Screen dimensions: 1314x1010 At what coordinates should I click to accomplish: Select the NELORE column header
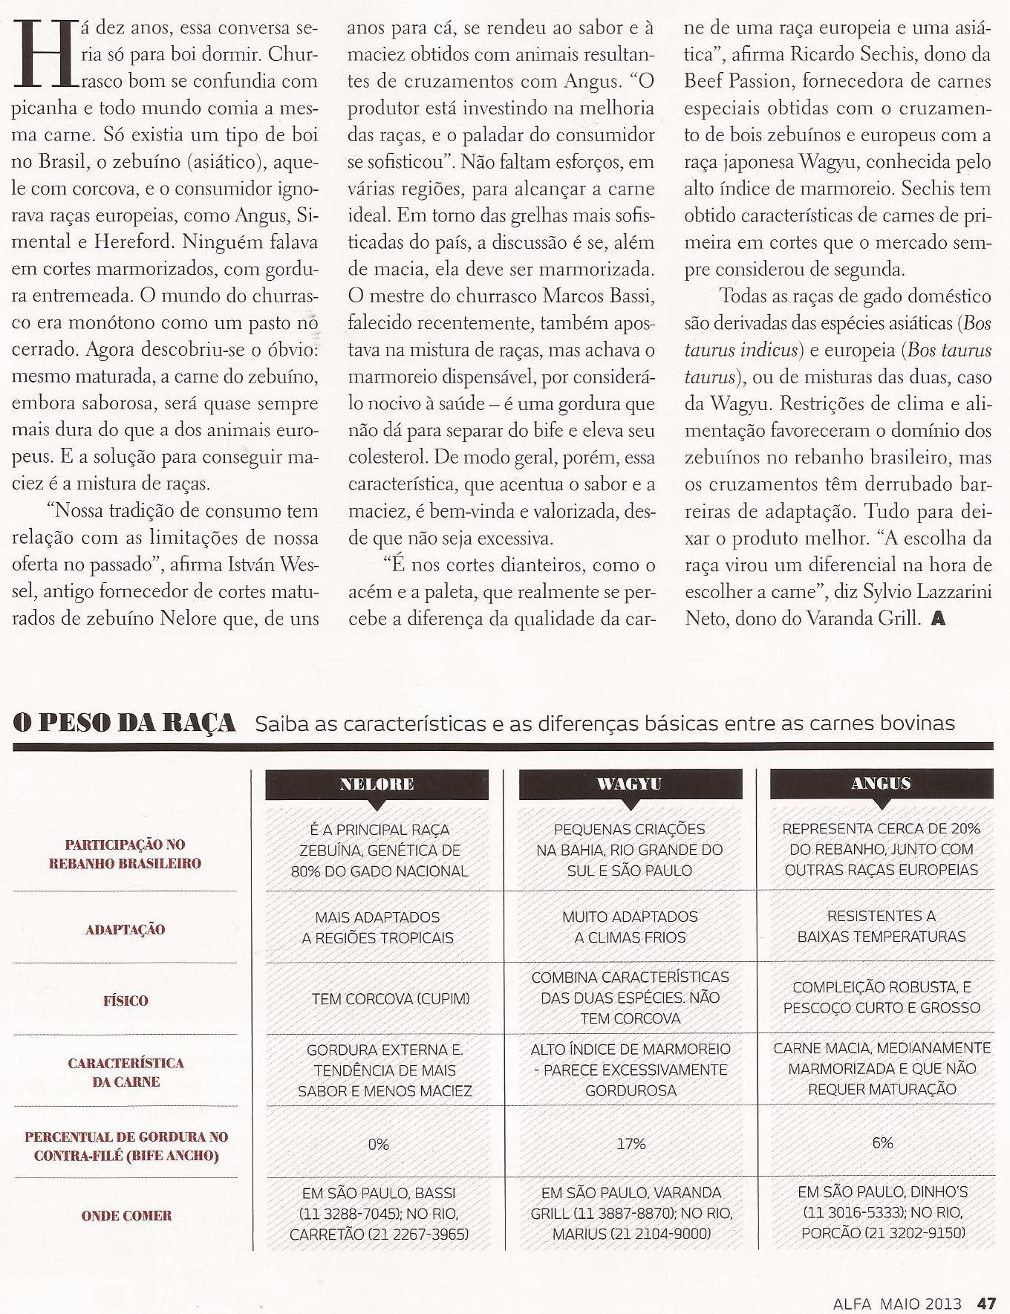click(377, 784)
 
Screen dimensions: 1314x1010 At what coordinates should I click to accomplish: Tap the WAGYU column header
click(629, 784)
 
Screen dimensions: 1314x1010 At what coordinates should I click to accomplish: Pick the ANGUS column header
click(882, 783)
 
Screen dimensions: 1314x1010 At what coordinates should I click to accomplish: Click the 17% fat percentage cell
click(631, 1144)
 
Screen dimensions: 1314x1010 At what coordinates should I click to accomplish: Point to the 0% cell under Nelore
click(378, 1144)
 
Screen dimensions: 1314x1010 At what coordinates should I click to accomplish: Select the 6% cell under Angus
click(882, 1143)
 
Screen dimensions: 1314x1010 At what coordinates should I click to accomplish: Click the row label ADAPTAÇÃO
click(125, 929)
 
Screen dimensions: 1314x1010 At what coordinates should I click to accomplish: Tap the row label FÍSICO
click(126, 1001)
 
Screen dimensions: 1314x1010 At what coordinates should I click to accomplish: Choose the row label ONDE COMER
click(126, 1216)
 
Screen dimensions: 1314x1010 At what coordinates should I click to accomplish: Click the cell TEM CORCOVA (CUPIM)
click(379, 999)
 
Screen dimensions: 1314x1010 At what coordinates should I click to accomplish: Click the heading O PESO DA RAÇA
click(125, 723)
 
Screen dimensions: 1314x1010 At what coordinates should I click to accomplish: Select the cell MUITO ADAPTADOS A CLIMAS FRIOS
click(630, 927)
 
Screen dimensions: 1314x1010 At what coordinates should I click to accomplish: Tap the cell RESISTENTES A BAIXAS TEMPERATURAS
click(882, 926)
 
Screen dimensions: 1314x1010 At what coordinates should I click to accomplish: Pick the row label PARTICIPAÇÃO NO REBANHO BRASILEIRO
click(125, 854)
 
